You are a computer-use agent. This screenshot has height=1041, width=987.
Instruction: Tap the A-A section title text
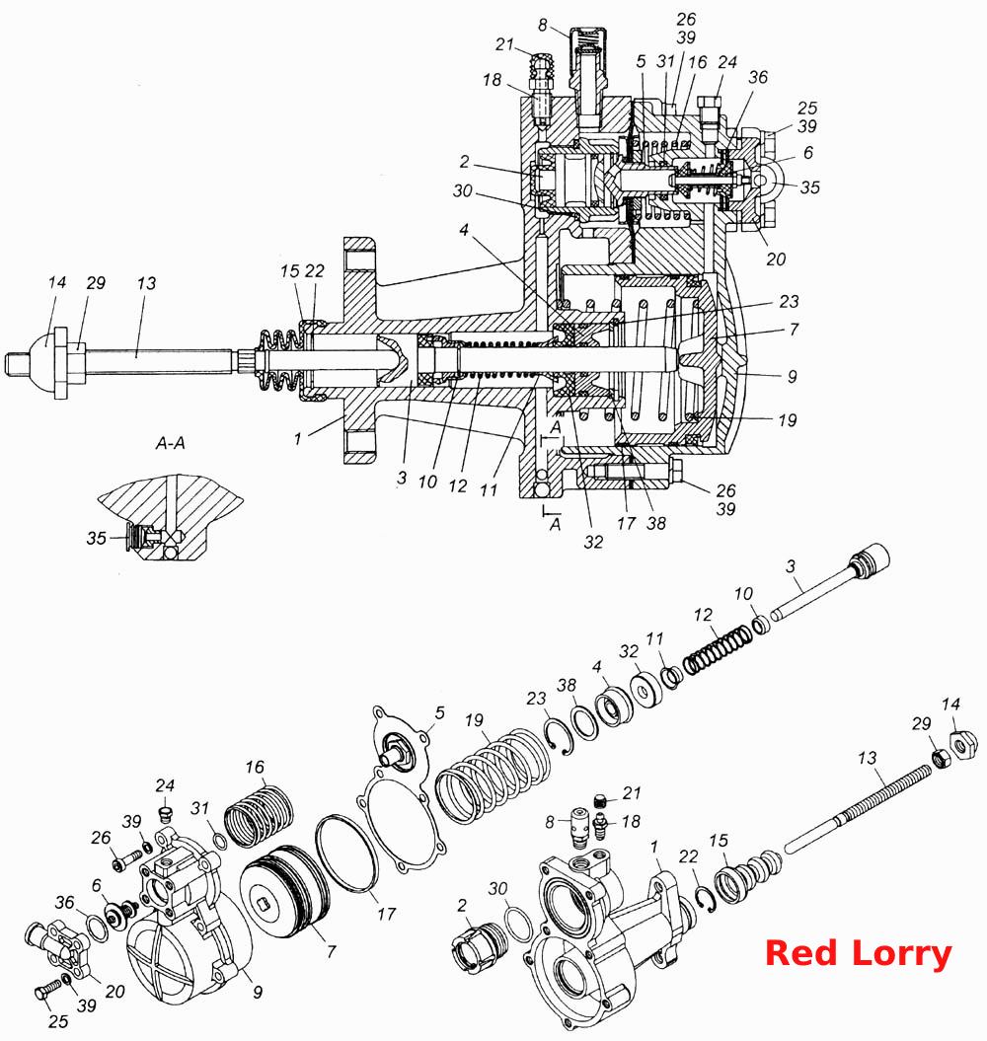[x=170, y=443]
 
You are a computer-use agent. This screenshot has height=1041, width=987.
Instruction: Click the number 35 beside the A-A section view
[x=97, y=538]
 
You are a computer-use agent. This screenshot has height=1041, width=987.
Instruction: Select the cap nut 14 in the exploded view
[x=963, y=744]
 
